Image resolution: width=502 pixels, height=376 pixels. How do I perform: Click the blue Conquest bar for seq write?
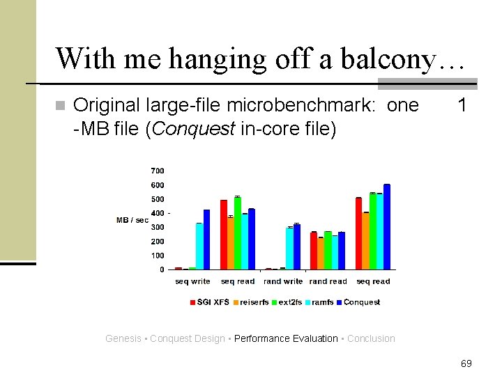206,240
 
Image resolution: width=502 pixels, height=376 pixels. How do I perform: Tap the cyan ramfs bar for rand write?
289,248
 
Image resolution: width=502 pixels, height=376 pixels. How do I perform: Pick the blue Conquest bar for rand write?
296,246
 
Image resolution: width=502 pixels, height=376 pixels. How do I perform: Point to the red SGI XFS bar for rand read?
314,251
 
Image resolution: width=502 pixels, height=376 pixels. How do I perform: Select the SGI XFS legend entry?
210,302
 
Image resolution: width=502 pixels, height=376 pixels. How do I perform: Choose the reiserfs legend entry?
252,302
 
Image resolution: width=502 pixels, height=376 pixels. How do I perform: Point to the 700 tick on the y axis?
157,171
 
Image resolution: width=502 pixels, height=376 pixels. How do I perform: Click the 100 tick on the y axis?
157,256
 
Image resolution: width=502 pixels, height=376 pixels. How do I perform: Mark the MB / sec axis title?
132,220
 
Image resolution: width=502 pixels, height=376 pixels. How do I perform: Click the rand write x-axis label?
283,281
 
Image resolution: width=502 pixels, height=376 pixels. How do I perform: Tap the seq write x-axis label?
192,281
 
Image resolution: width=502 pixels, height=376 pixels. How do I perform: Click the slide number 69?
466,363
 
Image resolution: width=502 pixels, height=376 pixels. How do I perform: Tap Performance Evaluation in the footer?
286,338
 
